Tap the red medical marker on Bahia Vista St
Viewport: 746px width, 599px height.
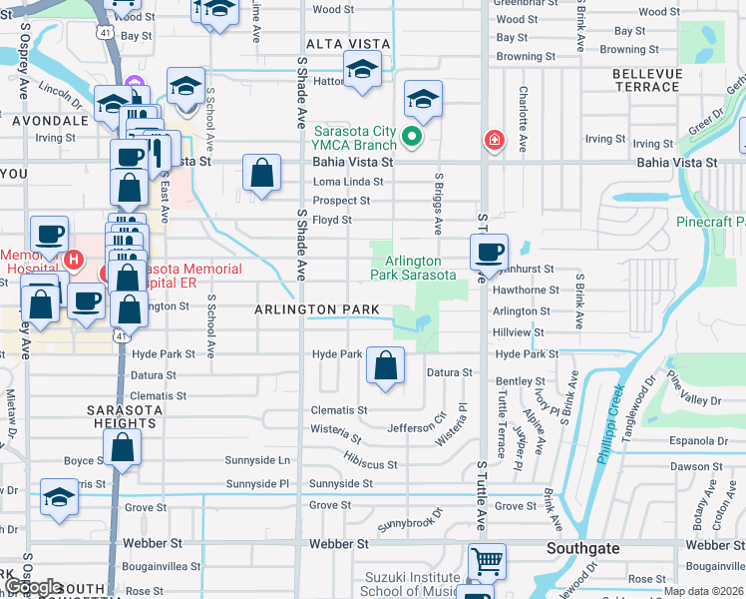493,140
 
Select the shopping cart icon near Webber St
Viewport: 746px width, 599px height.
487,562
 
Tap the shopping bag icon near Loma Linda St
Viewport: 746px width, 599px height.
261,174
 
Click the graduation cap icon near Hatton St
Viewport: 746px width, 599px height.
362,71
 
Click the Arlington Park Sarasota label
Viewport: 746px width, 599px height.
413,269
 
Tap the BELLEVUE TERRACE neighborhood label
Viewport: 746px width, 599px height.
645,81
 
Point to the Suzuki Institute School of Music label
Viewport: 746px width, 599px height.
408,584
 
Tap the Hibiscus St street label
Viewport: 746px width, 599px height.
370,465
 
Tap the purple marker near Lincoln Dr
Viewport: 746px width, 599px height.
137,82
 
